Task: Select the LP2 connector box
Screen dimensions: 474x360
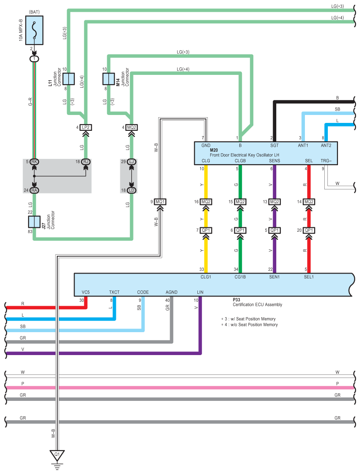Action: pos(85,128)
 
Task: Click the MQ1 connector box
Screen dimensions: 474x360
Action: pos(160,202)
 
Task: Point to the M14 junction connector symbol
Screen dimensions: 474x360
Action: pos(108,79)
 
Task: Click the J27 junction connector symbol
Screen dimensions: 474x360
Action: pos(34,222)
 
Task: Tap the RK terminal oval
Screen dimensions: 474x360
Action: pos(34,162)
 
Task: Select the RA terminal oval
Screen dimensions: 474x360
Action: pos(34,190)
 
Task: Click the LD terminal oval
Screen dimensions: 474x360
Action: pos(132,190)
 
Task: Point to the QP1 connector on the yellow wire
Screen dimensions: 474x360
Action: pos(205,230)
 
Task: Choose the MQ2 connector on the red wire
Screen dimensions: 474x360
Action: pos(309,202)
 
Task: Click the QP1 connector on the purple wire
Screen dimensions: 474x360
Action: pos(275,230)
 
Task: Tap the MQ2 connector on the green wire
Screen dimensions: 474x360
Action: pos(240,202)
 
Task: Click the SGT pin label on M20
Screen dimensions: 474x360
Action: pos(274,145)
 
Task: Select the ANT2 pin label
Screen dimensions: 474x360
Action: pos(326,145)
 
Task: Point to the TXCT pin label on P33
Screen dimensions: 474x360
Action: pos(114,292)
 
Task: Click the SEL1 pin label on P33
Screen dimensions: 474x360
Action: pos(309,277)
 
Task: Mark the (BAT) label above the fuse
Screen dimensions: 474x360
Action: pos(34,11)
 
